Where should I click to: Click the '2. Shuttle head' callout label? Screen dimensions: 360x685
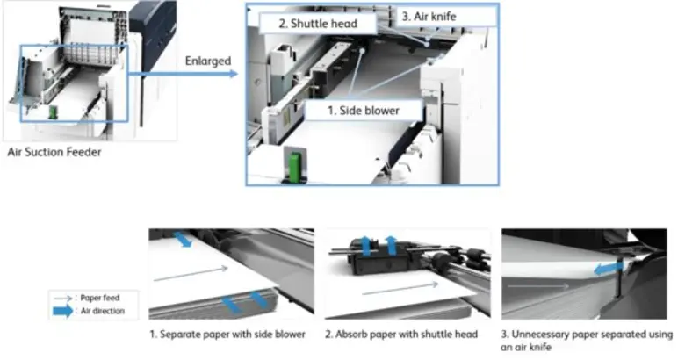[x=318, y=23]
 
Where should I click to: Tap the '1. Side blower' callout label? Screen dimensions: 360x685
[x=362, y=112]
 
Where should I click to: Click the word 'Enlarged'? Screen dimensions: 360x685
[x=207, y=61]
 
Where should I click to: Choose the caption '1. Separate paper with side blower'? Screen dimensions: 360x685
[x=227, y=335]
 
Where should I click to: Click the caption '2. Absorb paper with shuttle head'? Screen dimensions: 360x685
[x=405, y=335]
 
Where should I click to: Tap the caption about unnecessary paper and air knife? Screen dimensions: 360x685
[x=587, y=340]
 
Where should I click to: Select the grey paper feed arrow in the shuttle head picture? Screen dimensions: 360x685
[x=395, y=286]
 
